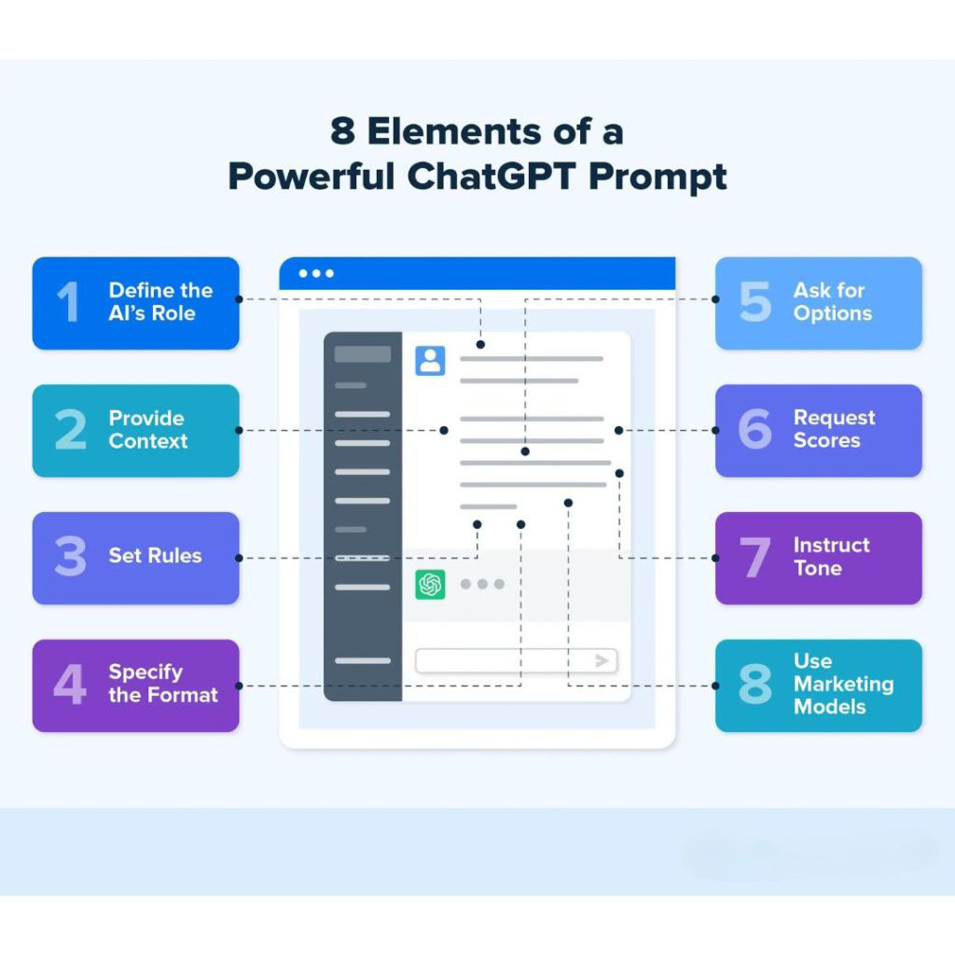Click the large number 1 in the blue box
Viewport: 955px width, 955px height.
pos(67,303)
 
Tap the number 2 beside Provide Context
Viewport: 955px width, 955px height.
pos(70,430)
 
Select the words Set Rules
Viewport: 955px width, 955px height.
pos(155,556)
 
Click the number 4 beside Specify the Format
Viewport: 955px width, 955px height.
pos(69,685)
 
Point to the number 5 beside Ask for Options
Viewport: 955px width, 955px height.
pos(754,302)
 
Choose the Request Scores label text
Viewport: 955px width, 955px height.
pos(834,429)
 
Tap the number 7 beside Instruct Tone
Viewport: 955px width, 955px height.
pos(754,558)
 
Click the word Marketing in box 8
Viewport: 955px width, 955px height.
pos(843,684)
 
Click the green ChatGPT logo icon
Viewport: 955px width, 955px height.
pos(430,584)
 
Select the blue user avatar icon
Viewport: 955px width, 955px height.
pos(430,361)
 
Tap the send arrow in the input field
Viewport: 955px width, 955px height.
pos(602,660)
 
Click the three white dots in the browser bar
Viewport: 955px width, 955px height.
pos(316,273)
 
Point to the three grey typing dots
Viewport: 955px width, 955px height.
pos(482,584)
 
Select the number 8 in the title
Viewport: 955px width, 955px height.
pos(342,131)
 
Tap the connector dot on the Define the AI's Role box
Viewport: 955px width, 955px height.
pos(240,299)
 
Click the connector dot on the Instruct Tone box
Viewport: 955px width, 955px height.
pos(716,558)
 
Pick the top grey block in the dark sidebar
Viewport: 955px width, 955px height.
pos(362,354)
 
